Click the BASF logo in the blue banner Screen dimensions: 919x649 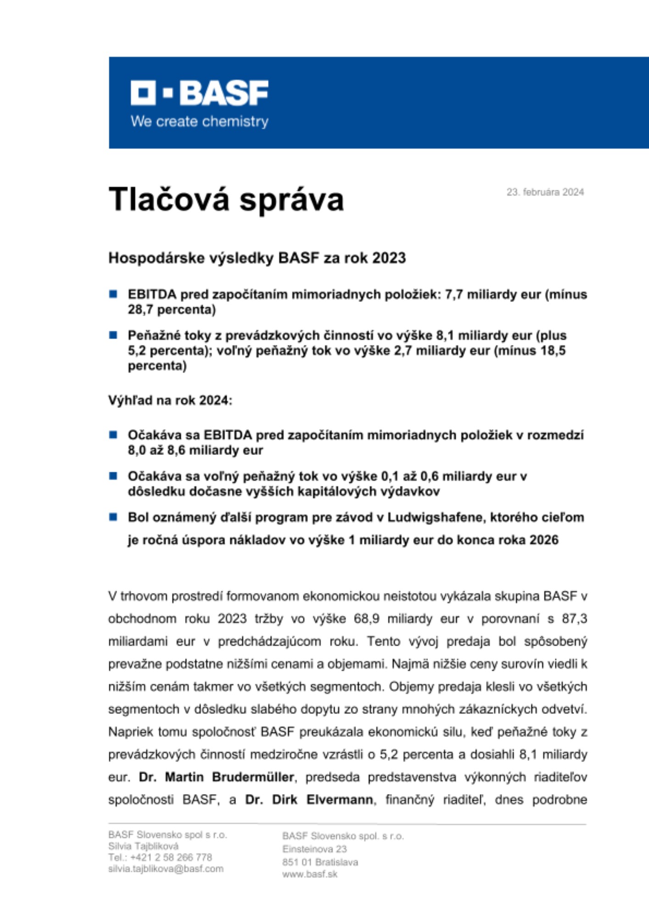coord(199,93)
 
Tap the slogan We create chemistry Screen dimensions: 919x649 coord(199,122)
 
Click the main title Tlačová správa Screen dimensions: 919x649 coord(226,200)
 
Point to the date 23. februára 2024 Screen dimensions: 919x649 coord(545,192)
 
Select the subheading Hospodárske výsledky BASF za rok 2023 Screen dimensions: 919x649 coord(257,258)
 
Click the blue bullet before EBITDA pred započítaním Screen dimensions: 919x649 coord(113,294)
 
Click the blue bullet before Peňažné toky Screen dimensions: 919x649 coord(113,335)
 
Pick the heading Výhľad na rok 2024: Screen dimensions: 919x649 coord(170,400)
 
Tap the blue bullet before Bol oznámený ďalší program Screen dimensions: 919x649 coord(113,517)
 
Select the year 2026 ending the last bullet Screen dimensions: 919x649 coord(543,540)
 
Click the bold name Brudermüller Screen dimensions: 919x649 coord(252,777)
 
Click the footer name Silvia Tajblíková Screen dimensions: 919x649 coord(143,846)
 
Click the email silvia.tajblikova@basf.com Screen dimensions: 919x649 coord(166,869)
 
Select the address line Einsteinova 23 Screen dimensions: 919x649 coord(314,849)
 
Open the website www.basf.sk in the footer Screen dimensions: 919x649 coord(310,874)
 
